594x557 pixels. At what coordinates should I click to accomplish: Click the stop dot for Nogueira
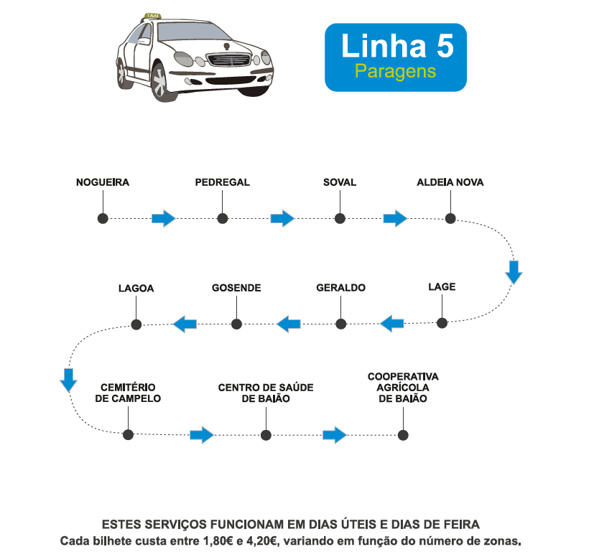[103, 218]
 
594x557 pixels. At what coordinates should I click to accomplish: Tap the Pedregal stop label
[222, 182]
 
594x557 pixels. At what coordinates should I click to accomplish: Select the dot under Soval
[339, 218]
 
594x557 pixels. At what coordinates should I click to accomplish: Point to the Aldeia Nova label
[450, 182]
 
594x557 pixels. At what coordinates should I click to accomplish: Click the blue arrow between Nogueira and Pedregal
[164, 218]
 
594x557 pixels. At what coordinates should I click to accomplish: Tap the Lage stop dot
[442, 324]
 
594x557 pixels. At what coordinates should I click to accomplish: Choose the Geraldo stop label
[340, 288]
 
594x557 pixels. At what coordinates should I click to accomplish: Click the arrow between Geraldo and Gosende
[289, 324]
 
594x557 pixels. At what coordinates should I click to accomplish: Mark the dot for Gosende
[236, 324]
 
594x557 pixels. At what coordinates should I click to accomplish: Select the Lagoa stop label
[136, 289]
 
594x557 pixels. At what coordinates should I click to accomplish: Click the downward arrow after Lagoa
[68, 379]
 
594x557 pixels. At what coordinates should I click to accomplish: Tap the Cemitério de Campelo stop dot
[129, 434]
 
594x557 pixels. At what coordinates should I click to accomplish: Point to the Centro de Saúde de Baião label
[266, 393]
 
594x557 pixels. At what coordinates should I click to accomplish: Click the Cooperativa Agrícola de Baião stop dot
[403, 434]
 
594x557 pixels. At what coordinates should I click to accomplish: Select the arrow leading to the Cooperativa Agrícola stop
[335, 434]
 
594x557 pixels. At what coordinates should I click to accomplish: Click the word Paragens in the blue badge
[395, 71]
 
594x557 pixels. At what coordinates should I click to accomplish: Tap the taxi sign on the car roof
[152, 15]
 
